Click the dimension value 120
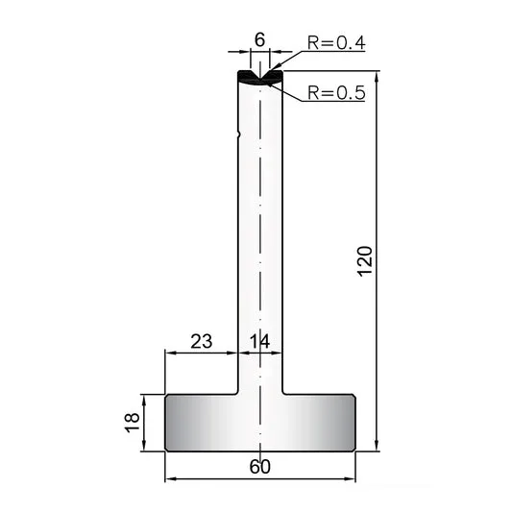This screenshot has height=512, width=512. pyautogui.click(x=365, y=261)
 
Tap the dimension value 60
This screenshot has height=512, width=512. pyautogui.click(x=260, y=467)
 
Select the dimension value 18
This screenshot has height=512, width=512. pyautogui.click(x=133, y=423)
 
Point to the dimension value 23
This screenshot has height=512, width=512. pyautogui.click(x=202, y=341)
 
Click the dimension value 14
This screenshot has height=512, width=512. pyautogui.click(x=260, y=341)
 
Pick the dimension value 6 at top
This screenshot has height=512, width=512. pyautogui.click(x=260, y=40)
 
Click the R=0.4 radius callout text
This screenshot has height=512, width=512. pyautogui.click(x=336, y=43)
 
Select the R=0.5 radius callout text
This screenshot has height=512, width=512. pyautogui.click(x=336, y=93)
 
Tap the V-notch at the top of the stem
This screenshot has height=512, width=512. pyautogui.click(x=260, y=76)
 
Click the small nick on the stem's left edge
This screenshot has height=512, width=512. pyautogui.click(x=239, y=134)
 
